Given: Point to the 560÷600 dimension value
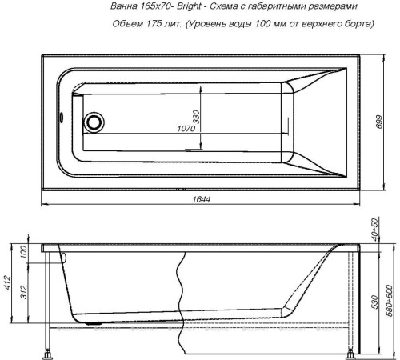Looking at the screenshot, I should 390,296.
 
